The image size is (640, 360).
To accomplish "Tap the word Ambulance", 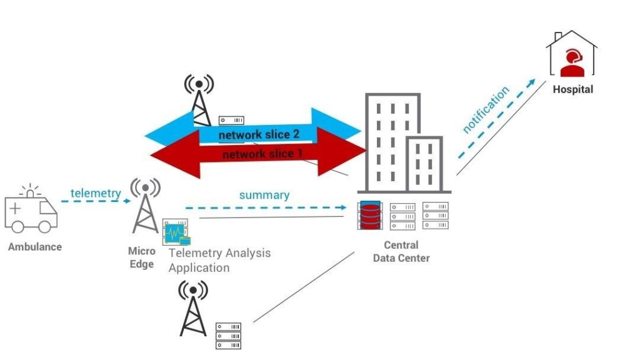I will click(35, 247).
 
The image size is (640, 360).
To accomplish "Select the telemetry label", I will click(95, 193).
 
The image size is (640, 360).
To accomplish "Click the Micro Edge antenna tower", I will click(145, 206).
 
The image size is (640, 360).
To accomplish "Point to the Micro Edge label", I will click(141, 257).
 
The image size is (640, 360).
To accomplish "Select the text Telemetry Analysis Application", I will click(219, 260).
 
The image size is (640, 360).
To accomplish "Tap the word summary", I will click(264, 195).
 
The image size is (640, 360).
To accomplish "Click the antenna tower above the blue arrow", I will click(199, 100).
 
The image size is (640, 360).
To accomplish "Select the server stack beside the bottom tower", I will click(228, 336).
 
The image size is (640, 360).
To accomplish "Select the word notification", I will click(486, 109).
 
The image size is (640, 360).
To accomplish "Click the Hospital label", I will click(572, 89).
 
